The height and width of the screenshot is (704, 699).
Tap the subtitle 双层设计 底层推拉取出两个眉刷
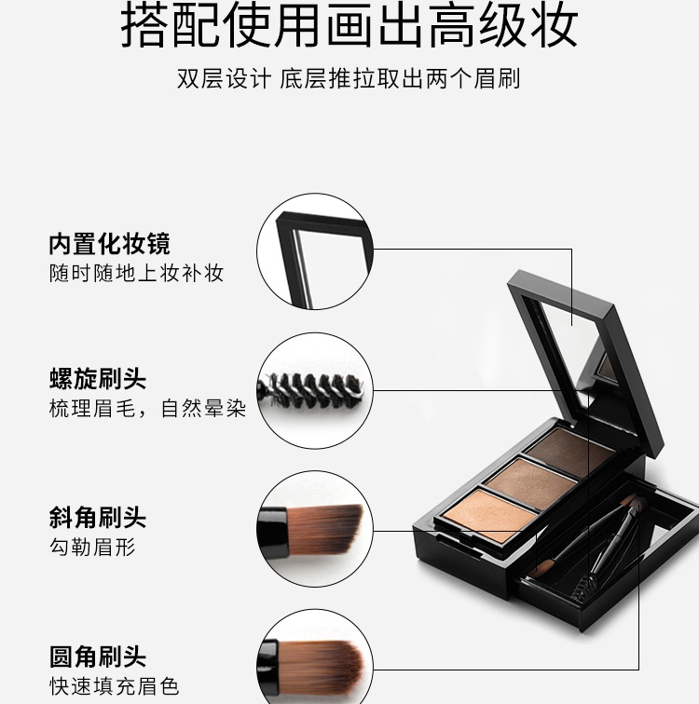click(x=349, y=78)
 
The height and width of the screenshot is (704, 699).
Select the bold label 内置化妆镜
click(x=110, y=244)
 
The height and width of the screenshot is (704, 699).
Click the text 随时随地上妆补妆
click(x=137, y=273)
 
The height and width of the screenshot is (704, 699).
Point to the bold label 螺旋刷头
click(x=98, y=378)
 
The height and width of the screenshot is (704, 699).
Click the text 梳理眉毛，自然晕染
click(x=148, y=408)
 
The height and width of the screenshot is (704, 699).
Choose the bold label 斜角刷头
click(x=98, y=517)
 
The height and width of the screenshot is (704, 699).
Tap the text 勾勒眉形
click(x=92, y=547)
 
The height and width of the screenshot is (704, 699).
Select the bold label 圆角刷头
click(x=98, y=657)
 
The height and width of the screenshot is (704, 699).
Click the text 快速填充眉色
click(x=114, y=686)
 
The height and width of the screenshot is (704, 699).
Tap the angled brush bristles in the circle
click(x=324, y=529)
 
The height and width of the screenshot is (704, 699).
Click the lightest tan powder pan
click(x=488, y=515)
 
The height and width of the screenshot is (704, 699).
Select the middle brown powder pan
click(x=531, y=483)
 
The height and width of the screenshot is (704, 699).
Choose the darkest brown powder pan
click(x=570, y=452)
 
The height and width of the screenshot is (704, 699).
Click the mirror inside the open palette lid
click(x=571, y=350)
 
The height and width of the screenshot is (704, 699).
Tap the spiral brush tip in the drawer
click(x=582, y=589)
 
